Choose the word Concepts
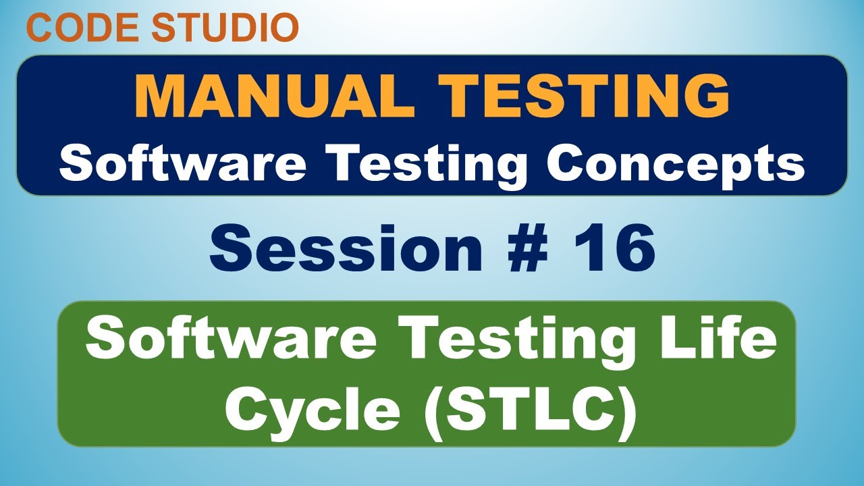coord(676,164)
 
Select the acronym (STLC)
coord(530,412)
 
